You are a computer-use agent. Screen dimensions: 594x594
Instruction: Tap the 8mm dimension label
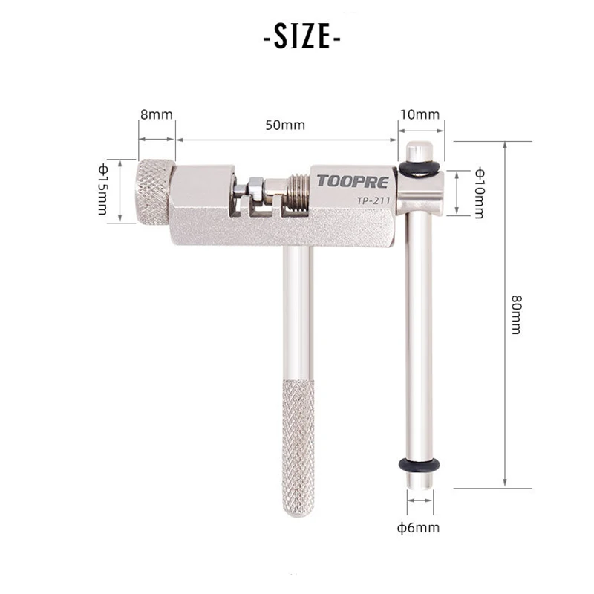(156, 115)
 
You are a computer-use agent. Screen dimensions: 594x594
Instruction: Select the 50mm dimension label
(285, 125)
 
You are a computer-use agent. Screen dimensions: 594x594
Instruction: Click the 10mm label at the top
(420, 115)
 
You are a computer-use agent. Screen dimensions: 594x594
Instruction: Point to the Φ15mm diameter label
(102, 190)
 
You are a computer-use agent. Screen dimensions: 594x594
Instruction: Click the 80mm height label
(515, 313)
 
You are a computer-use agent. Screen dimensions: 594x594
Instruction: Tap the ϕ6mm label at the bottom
(418, 528)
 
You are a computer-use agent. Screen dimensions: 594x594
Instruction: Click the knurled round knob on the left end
(154, 192)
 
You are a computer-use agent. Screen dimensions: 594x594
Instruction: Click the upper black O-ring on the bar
(420, 169)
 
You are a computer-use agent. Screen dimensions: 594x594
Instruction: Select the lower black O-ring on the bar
(420, 466)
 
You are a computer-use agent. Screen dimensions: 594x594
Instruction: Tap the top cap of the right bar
(420, 151)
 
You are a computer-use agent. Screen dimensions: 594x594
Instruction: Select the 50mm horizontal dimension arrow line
(286, 139)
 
